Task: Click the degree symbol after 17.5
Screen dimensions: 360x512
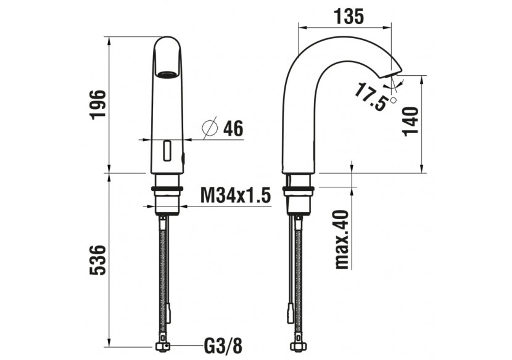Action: point(394,99)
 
